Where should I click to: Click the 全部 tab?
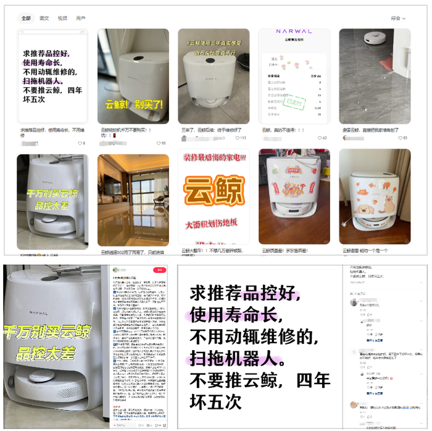(x=26, y=19)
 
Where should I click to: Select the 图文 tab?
(x=44, y=19)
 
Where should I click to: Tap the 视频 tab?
(x=62, y=19)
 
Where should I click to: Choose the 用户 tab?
(x=81, y=19)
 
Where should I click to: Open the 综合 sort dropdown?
(x=399, y=19)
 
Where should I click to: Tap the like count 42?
(x=323, y=138)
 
